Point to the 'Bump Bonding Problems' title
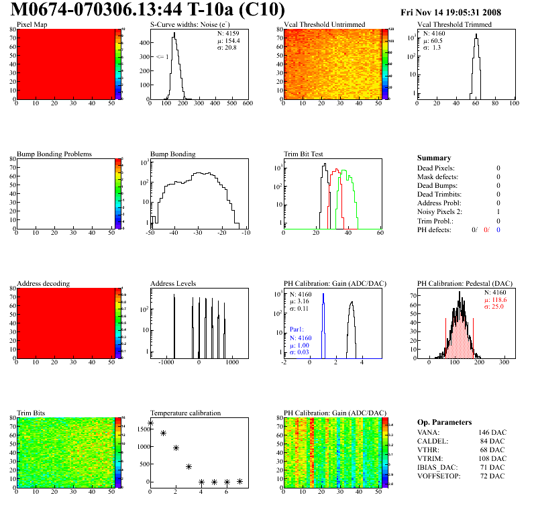click(54, 154)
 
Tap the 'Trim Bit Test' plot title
click(304, 154)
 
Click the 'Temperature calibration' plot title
click(185, 413)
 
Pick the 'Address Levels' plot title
click(174, 283)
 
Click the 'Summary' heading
click(434, 158)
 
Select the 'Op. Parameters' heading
click(444, 422)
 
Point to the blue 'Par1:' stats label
click(297, 329)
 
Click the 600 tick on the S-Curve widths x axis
click(247, 104)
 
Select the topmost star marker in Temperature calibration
click(150, 423)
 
